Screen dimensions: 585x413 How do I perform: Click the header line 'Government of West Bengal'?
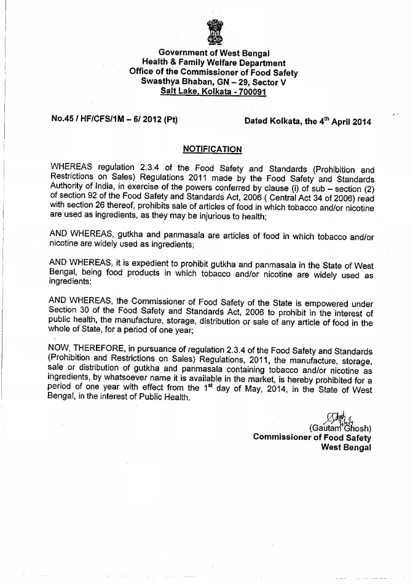(x=213, y=53)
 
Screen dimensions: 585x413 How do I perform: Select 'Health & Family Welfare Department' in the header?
(x=213, y=63)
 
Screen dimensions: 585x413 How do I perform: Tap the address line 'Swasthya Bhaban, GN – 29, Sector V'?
(x=213, y=81)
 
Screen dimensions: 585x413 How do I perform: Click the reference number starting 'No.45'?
(x=115, y=120)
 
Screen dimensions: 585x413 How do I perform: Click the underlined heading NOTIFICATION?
(x=213, y=149)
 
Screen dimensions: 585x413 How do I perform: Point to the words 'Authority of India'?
(x=83, y=188)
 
